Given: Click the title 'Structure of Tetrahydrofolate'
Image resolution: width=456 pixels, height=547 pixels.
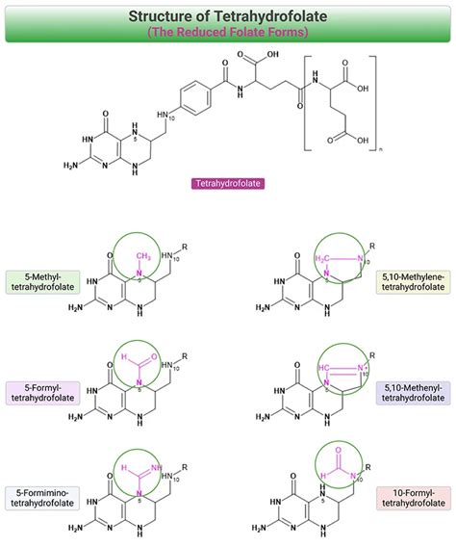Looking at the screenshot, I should (x=228, y=15).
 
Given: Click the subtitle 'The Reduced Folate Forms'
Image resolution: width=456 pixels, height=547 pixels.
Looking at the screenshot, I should (x=228, y=33).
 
